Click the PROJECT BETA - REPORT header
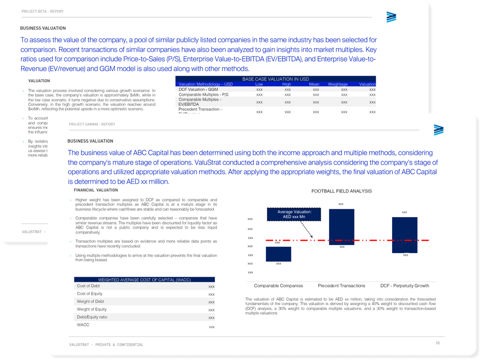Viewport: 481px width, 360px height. coord(42,11)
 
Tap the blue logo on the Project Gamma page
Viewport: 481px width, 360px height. coord(438,130)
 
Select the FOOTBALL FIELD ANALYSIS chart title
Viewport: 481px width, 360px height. coord(341,191)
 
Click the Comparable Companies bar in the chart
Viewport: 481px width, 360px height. coord(278,254)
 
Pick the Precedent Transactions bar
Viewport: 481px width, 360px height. coord(342,227)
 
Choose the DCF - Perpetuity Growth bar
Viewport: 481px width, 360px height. coord(405,235)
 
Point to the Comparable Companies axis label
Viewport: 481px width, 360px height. coord(278,285)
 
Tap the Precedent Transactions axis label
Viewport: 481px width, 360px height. coord(342,285)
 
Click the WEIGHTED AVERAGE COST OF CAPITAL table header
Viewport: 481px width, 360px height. coord(144,279)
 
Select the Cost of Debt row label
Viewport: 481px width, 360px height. coord(89,286)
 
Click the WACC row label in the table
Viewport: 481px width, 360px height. coord(83,325)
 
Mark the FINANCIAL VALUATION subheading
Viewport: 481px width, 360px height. coord(96,190)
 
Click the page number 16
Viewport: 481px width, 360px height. coord(437,343)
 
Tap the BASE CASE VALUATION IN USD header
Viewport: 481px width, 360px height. coord(275,79)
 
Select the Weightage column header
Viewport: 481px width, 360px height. coord(338,84)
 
